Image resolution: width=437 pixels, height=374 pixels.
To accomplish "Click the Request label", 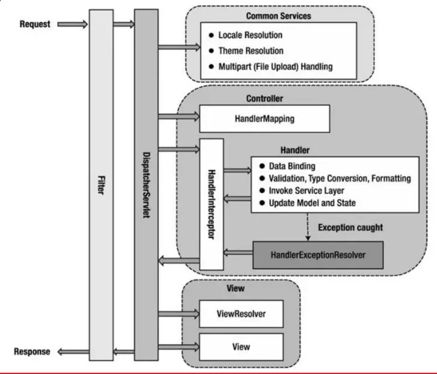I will click(35, 24).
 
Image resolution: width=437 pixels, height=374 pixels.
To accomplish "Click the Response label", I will click(33, 351).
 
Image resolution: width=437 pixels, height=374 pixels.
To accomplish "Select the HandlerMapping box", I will click(264, 118).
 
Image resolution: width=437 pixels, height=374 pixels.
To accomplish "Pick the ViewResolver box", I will click(241, 313).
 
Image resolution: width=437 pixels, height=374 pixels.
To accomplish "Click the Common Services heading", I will click(279, 16).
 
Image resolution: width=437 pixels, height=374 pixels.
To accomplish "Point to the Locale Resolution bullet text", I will click(250, 35).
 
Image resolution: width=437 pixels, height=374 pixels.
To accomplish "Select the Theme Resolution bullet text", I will click(250, 51).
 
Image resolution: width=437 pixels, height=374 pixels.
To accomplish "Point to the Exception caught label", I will click(350, 228).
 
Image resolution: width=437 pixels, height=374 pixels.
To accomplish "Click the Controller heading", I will click(265, 98).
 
